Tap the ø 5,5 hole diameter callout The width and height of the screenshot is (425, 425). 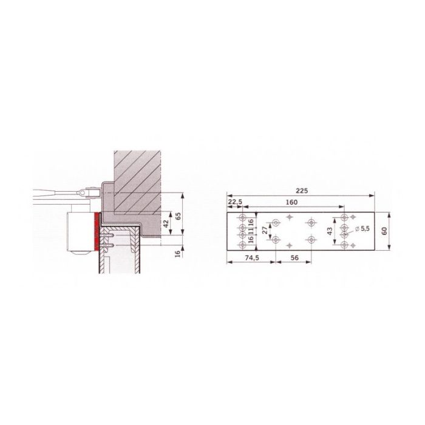point(359,228)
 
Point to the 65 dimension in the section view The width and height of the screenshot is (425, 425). point(178,215)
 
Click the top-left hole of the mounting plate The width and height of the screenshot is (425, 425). point(242,218)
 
